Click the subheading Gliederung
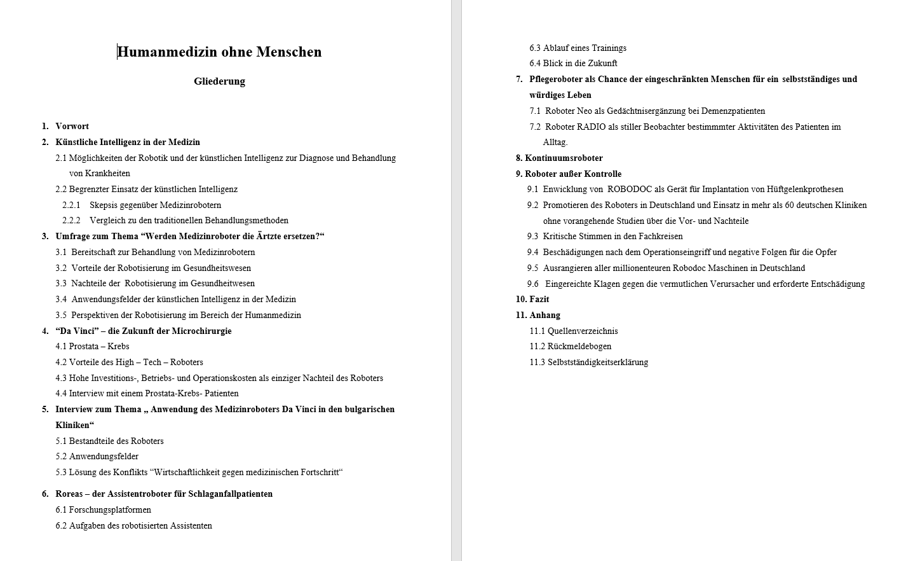pyautogui.click(x=219, y=81)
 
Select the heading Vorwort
pyautogui.click(x=72, y=127)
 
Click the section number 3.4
pyautogui.click(x=61, y=300)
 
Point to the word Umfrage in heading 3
pyautogui.click(x=72, y=237)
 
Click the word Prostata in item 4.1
pyautogui.click(x=83, y=347)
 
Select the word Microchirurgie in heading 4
pyautogui.click(x=200, y=331)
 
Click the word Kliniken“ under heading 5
pyautogui.click(x=74, y=426)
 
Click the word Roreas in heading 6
pyautogui.click(x=69, y=494)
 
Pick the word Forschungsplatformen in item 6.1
pyautogui.click(x=110, y=510)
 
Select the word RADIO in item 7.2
pyautogui.click(x=591, y=127)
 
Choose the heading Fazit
pyautogui.click(x=539, y=300)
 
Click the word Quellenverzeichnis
pyautogui.click(x=583, y=331)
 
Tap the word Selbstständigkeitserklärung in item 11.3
pyautogui.click(x=598, y=363)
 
